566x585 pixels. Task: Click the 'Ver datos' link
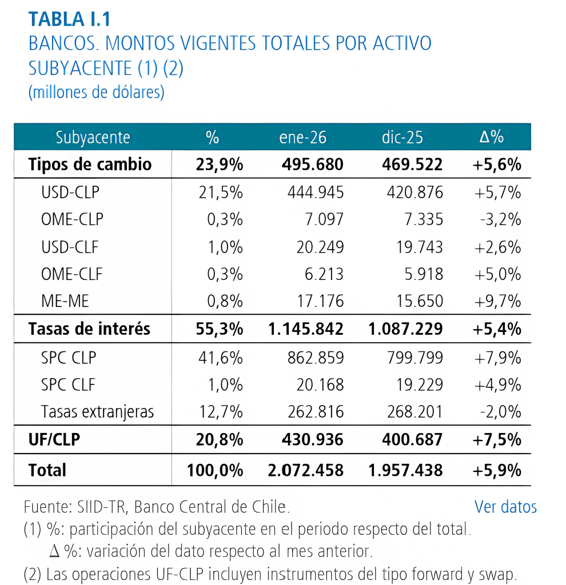coord(505,507)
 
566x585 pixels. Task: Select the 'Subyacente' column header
coord(93,138)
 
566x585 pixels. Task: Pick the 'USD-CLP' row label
coord(70,193)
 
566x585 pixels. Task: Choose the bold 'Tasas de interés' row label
coord(89,328)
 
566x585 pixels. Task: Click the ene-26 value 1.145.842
coord(306,328)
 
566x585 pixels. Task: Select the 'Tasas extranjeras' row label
coord(97,411)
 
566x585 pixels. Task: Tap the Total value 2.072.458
coord(306,470)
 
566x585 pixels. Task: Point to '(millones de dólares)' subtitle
coord(96,92)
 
